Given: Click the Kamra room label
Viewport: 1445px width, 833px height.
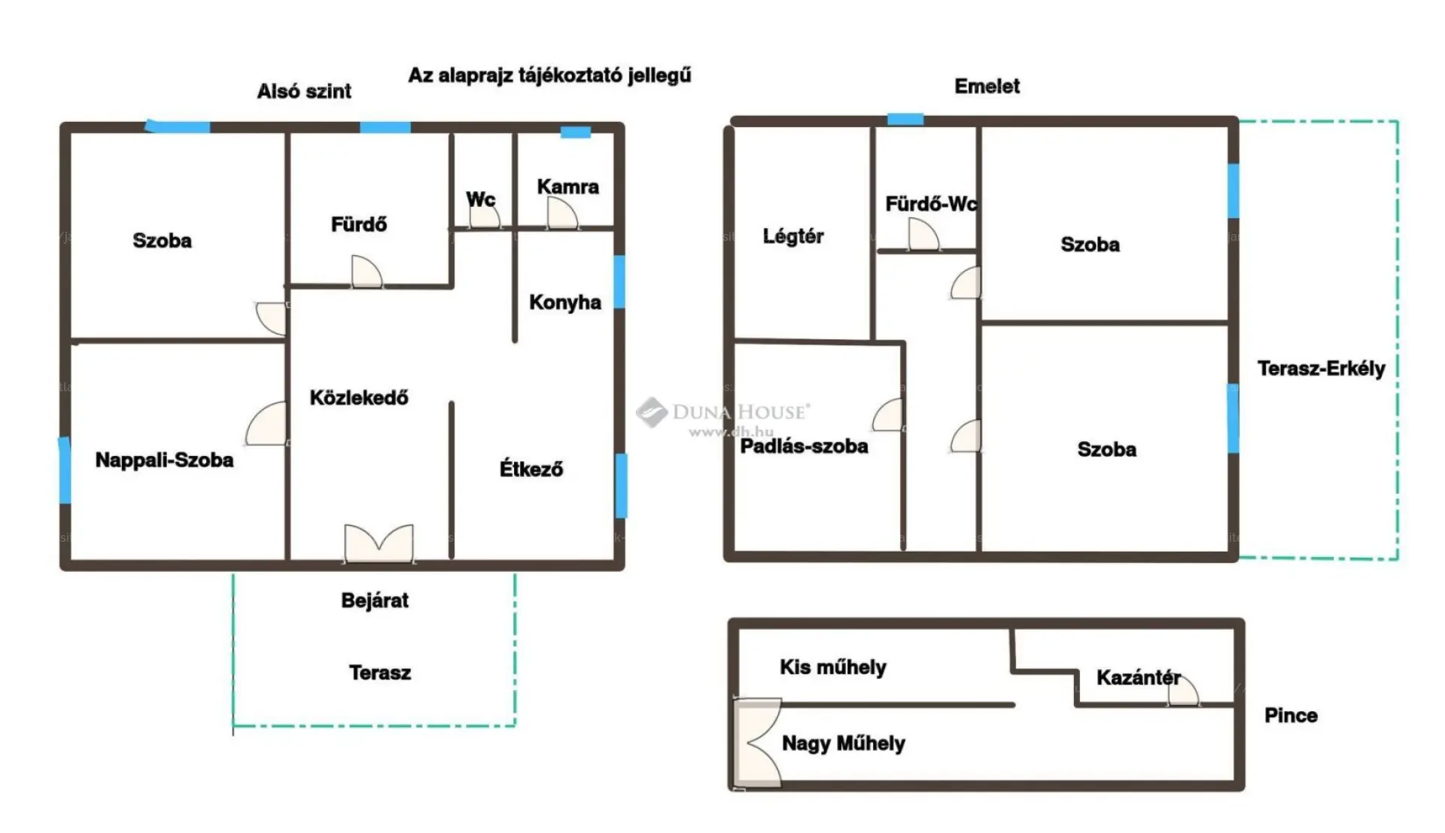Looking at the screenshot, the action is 567,187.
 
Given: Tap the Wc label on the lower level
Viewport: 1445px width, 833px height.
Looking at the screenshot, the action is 480,199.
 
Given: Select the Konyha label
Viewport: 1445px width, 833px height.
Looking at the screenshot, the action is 565,302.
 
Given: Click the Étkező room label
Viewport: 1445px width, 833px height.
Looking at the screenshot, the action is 531,469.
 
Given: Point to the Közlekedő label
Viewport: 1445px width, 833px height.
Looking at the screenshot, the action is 359,397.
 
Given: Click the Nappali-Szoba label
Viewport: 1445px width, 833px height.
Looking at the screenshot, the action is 164,460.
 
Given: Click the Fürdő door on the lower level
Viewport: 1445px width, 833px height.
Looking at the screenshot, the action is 367,271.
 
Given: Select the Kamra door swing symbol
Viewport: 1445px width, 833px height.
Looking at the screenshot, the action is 562,214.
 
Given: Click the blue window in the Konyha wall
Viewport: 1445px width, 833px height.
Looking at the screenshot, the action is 619,281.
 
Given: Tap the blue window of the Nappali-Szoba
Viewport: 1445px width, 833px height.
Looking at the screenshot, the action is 65,470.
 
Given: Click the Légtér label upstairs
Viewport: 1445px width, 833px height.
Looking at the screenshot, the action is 793,236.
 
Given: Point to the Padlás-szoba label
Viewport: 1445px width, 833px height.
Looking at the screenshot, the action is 804,446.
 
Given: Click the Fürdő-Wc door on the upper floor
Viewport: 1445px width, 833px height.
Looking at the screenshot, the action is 923,234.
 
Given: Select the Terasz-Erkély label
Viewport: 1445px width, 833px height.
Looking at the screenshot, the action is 1321,369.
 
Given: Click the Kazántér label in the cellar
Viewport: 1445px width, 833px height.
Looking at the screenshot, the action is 1138,677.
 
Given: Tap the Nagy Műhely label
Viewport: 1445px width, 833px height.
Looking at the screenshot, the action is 844,743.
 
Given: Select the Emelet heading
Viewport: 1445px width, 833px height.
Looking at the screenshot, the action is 987,86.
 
